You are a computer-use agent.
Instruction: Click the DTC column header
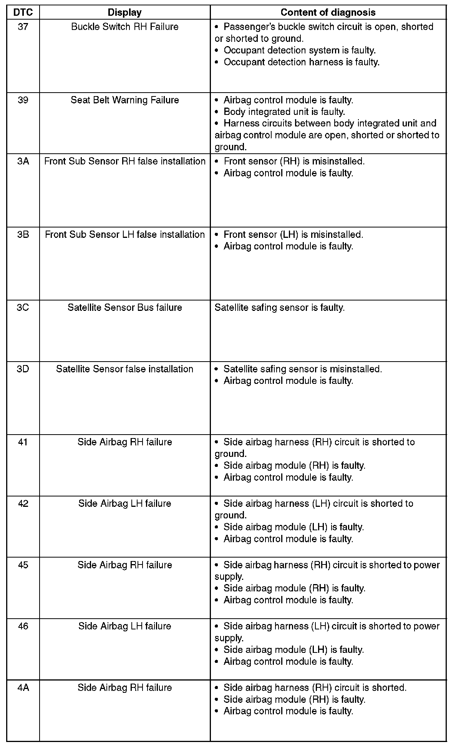23,12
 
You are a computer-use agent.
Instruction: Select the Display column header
124,12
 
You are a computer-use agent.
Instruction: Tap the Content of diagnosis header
328,12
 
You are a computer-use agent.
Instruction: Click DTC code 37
23,27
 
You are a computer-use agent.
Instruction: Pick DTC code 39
23,100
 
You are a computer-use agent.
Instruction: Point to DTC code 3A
23,161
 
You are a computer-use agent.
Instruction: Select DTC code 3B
23,235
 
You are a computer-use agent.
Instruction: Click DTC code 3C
23,308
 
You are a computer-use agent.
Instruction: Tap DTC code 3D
23,369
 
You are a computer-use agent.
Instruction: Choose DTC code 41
23,442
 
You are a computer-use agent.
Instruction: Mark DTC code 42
23,504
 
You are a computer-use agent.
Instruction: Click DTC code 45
23,565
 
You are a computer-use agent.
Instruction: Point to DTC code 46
23,626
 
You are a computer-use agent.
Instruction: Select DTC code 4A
23,688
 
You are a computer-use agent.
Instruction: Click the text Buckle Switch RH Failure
124,27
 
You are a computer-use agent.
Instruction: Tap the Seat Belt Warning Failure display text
124,100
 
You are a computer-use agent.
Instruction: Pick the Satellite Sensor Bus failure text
124,308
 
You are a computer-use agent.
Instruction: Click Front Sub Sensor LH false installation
124,235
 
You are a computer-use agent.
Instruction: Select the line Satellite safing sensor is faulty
279,308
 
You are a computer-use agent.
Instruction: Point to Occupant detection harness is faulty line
301,62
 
